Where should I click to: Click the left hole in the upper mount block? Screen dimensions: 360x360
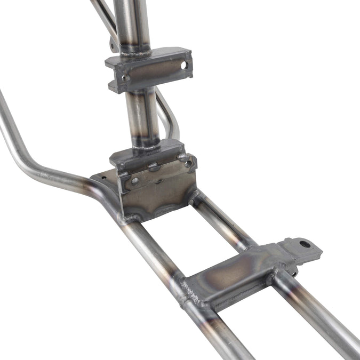point(126,78)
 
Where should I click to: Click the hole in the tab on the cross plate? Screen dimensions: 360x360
point(305,244)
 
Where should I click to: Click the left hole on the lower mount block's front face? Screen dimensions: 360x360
point(135,181)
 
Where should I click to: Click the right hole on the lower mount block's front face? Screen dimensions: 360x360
point(188,163)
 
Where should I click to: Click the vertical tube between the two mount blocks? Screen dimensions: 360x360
point(141,115)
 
